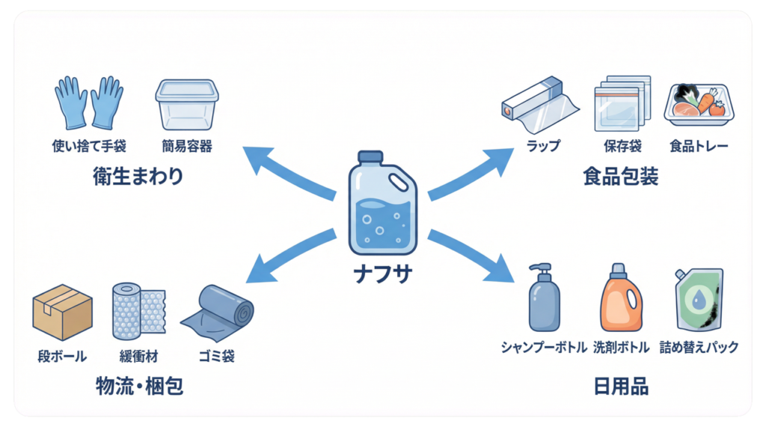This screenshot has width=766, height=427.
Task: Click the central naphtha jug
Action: click(382, 203)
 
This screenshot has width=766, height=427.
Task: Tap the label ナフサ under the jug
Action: click(382, 274)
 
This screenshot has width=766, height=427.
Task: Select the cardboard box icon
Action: click(62, 312)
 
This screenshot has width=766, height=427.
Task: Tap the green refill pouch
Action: click(698, 299)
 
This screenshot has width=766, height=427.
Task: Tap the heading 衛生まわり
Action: click(138, 177)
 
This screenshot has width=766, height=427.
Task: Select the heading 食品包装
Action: click(620, 177)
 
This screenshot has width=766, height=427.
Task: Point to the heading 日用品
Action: click(620, 387)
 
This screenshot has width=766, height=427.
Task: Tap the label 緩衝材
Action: click(138, 356)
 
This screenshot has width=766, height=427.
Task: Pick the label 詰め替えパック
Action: click(699, 348)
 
